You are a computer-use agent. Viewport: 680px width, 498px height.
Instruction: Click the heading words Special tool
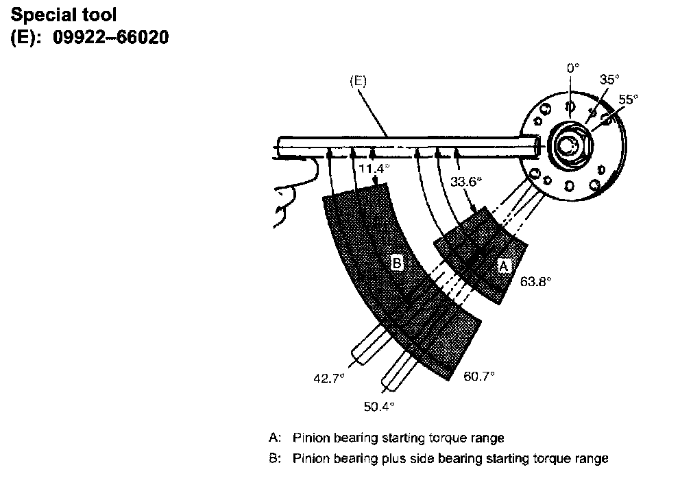tap(64, 15)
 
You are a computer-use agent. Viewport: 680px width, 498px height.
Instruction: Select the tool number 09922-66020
tap(110, 37)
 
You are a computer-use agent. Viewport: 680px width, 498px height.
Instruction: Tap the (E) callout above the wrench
tap(359, 81)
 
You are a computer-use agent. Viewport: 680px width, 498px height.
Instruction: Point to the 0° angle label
tap(573, 68)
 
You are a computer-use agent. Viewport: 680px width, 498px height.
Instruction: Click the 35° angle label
tap(609, 80)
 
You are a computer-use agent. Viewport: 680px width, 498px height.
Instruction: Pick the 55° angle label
tap(629, 99)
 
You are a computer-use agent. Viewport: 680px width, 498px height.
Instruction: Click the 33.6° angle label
tap(466, 182)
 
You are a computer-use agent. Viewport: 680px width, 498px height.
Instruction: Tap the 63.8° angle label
tap(535, 281)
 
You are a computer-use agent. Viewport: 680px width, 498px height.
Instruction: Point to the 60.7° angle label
tap(479, 376)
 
